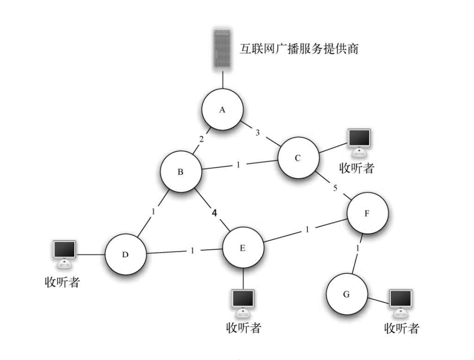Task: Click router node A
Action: pos(222,110)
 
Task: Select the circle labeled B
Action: pos(181,172)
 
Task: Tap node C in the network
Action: pos(297,158)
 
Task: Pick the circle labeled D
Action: pos(125,254)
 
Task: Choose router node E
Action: pos(243,248)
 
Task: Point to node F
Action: pos(367,214)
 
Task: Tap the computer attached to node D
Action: pos(65,254)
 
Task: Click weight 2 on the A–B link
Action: pos(201,139)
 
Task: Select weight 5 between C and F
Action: pos(334,188)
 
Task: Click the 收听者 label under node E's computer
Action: pos(244,327)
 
